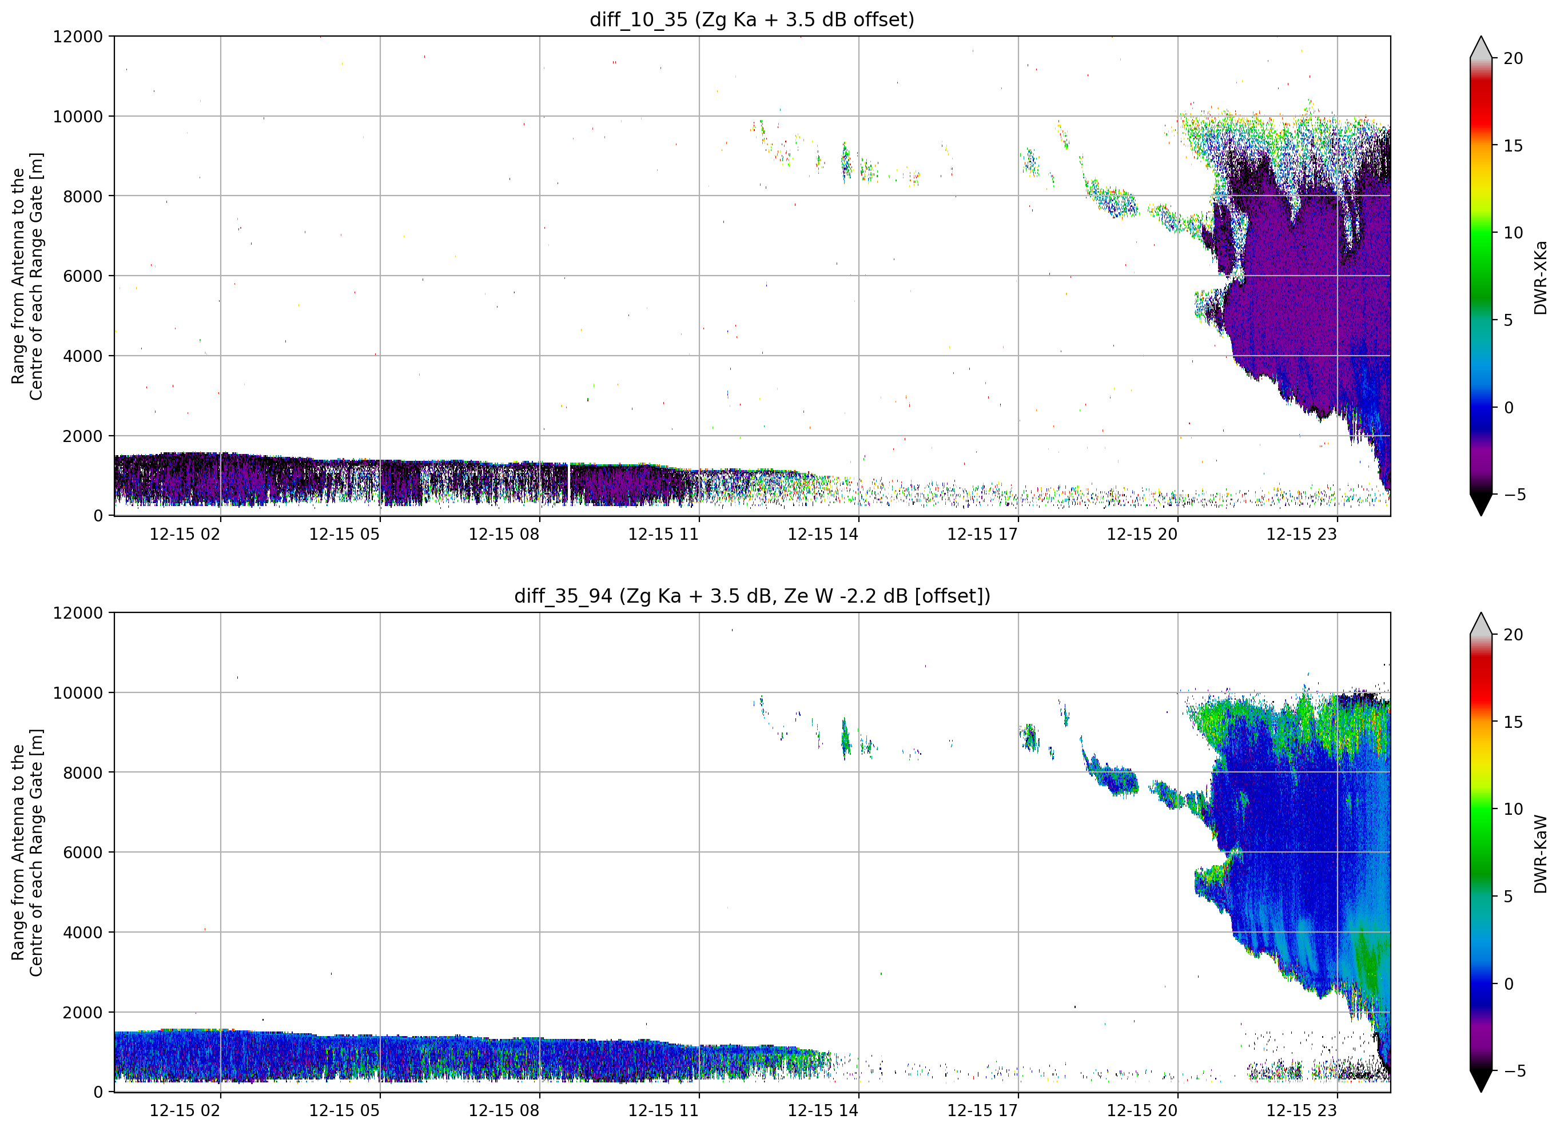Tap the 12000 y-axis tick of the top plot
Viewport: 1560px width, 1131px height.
tap(78, 37)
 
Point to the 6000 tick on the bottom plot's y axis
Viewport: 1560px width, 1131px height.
tap(82, 853)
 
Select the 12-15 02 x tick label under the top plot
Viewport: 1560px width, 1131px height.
tap(185, 535)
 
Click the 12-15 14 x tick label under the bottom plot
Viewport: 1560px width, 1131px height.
tap(823, 1111)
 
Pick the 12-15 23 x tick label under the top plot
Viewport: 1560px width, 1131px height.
tap(1302, 535)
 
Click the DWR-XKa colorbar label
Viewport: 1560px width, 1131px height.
tap(1540, 277)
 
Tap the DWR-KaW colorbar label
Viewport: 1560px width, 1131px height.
tap(1540, 854)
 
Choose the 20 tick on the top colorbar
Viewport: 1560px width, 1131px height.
tap(1513, 58)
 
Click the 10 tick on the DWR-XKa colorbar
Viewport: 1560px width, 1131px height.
tap(1513, 233)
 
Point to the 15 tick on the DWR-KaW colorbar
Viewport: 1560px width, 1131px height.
tap(1513, 722)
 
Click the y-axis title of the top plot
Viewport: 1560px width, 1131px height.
tap(27, 276)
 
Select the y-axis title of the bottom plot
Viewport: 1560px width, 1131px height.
tap(27, 853)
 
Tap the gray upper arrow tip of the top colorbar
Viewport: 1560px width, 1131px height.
tap(1481, 37)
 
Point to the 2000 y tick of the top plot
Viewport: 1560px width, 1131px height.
tap(82, 436)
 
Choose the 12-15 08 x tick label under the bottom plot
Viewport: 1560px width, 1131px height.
tap(504, 1111)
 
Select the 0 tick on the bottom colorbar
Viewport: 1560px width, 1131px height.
tap(1509, 985)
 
